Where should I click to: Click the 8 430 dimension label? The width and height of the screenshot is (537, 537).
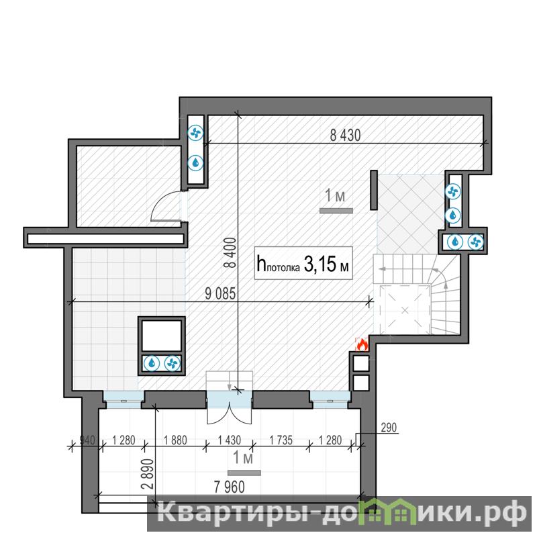point(345,136)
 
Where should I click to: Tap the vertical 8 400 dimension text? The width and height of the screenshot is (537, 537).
point(230,253)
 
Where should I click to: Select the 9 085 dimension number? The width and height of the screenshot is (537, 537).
point(220,294)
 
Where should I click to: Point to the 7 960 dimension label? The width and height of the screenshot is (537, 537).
point(230,487)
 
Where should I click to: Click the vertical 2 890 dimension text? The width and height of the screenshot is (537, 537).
point(148,475)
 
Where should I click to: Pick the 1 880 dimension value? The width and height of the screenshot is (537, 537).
point(175,440)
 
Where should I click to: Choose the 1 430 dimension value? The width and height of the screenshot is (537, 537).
point(230,440)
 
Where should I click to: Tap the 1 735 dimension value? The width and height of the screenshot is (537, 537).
point(281,440)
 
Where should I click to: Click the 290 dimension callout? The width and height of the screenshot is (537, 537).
point(389,428)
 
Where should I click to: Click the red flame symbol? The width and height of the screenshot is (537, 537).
point(362,344)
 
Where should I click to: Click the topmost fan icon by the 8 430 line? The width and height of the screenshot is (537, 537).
point(196,133)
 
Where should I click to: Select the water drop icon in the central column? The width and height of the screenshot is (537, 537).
point(152,363)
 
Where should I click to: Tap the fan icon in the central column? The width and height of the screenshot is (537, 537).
point(173,363)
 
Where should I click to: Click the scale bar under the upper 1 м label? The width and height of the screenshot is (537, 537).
point(336,211)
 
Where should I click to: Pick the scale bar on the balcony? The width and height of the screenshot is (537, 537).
point(244,473)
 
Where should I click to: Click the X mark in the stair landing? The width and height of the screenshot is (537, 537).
point(405,311)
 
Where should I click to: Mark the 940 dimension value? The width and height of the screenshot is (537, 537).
point(87,440)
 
